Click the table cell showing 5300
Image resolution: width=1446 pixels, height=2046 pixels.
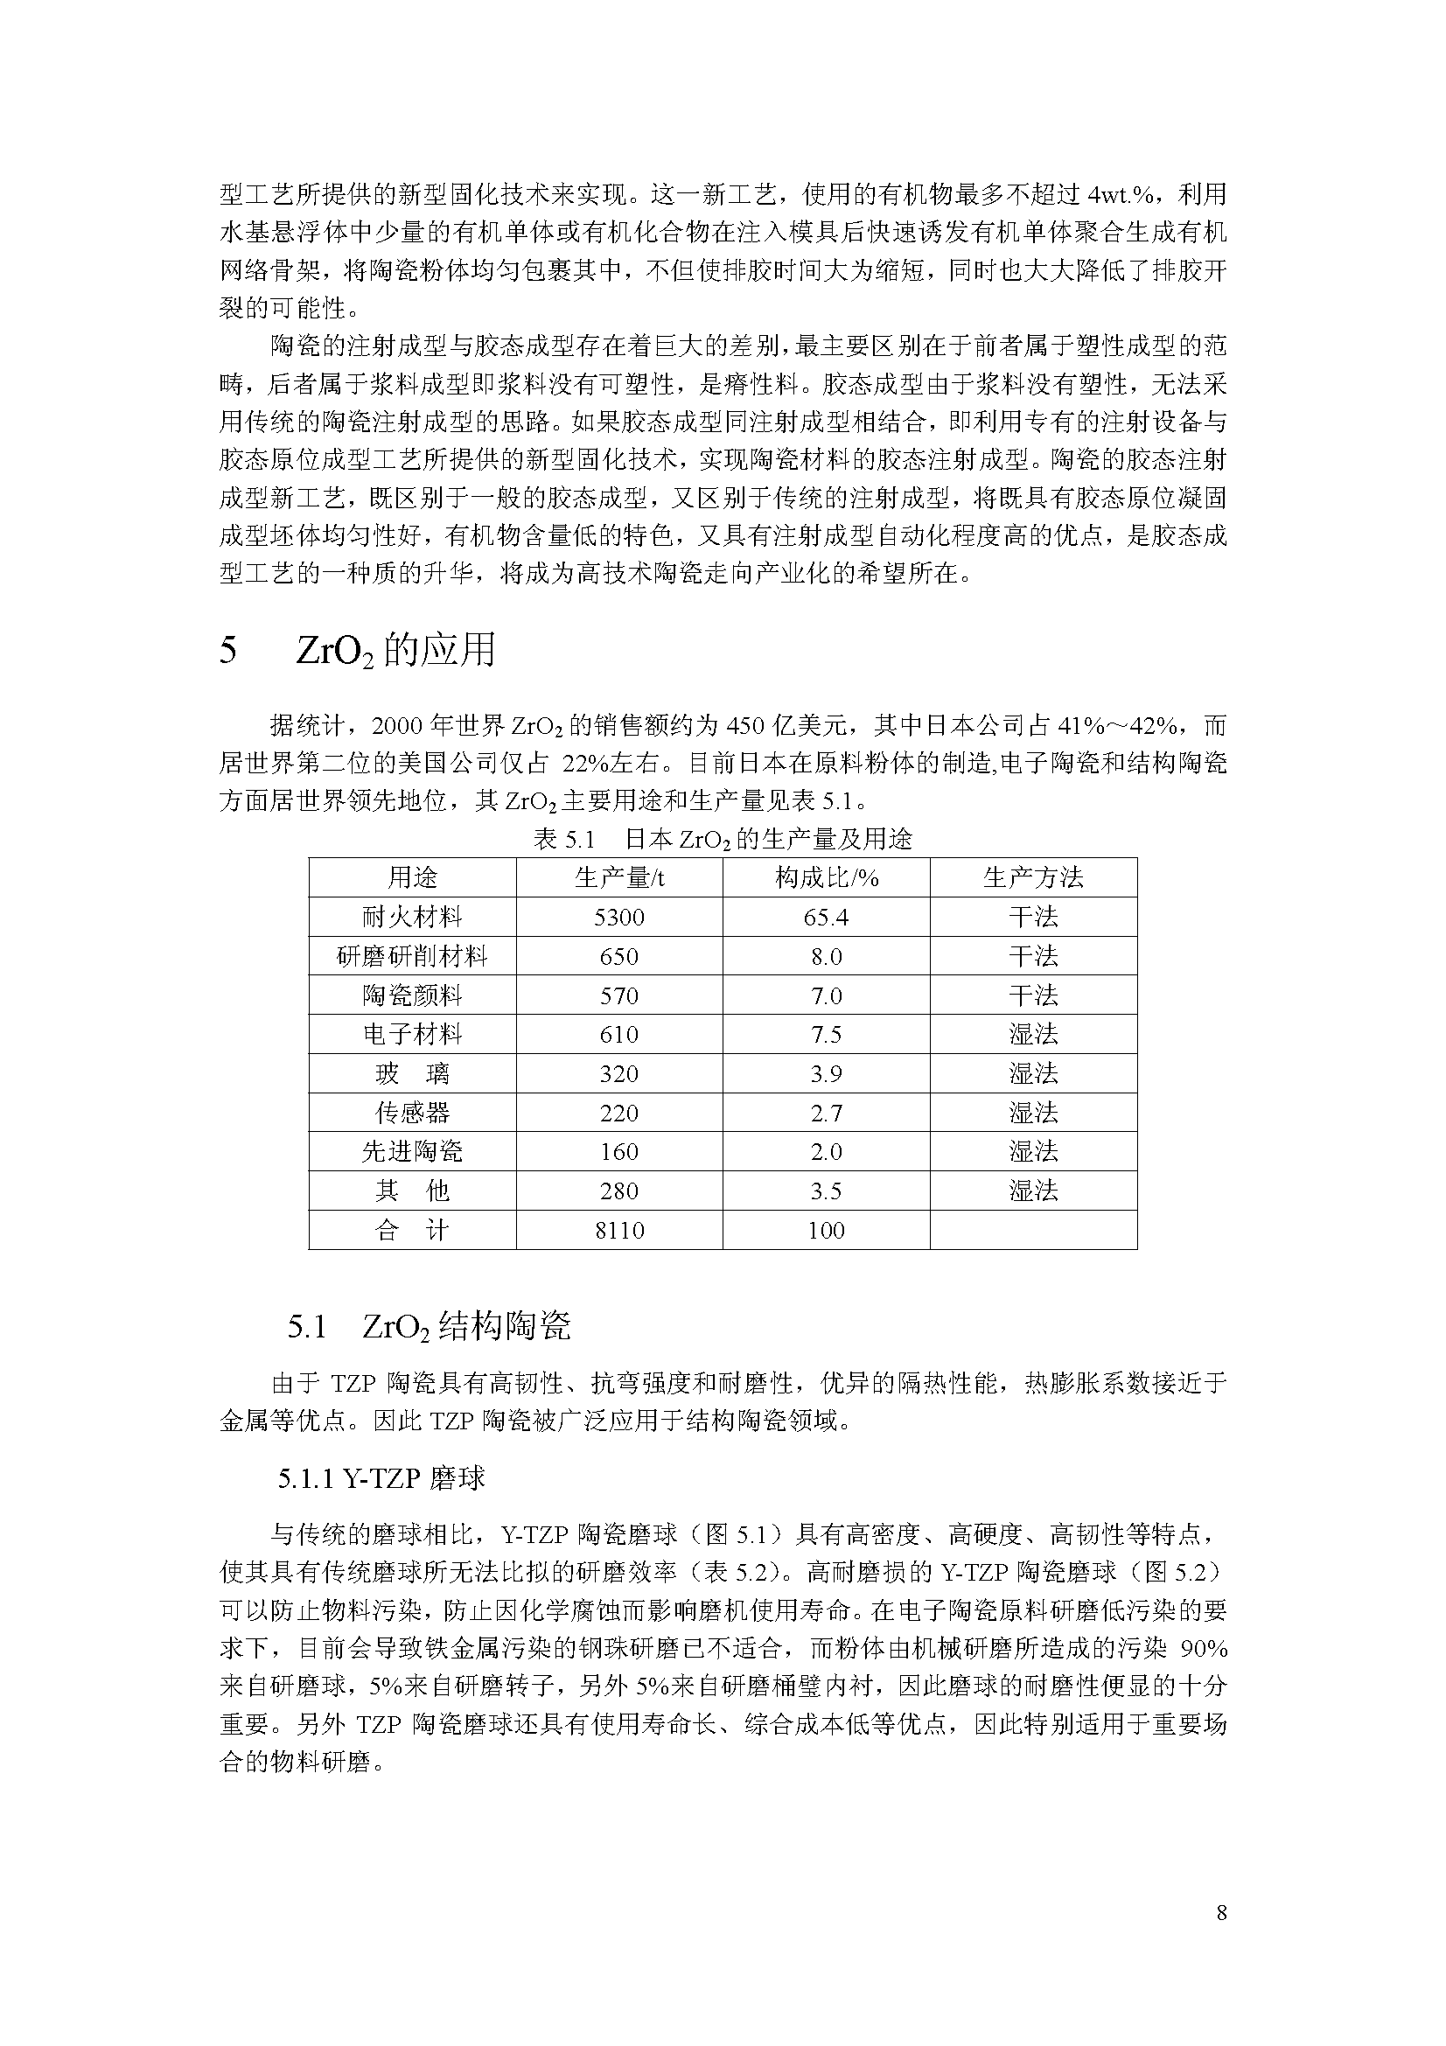(x=618, y=917)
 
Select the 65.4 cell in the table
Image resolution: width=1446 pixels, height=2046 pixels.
(x=826, y=917)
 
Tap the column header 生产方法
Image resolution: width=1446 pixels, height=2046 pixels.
(x=1032, y=877)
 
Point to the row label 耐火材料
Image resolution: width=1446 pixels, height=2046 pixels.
(x=412, y=917)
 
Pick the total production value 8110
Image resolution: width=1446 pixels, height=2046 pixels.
(x=618, y=1230)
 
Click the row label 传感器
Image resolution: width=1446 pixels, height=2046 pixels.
(x=412, y=1112)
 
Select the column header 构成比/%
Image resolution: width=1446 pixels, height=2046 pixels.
(x=826, y=877)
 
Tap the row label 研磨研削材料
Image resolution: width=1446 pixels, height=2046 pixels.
(x=412, y=956)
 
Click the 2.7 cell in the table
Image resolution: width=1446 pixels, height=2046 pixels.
(x=826, y=1112)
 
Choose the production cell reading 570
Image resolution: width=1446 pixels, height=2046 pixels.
(x=618, y=995)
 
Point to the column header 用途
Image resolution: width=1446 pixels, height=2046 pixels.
(x=412, y=877)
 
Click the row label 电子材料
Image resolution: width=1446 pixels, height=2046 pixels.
(x=412, y=1034)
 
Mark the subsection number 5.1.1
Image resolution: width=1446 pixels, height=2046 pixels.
(x=304, y=1479)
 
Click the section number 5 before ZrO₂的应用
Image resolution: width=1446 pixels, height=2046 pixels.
(x=228, y=651)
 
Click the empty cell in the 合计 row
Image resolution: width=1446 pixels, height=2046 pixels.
(x=1032, y=1230)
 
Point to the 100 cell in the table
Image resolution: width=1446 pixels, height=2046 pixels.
(x=826, y=1230)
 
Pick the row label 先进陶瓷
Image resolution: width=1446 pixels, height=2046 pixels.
(x=412, y=1151)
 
